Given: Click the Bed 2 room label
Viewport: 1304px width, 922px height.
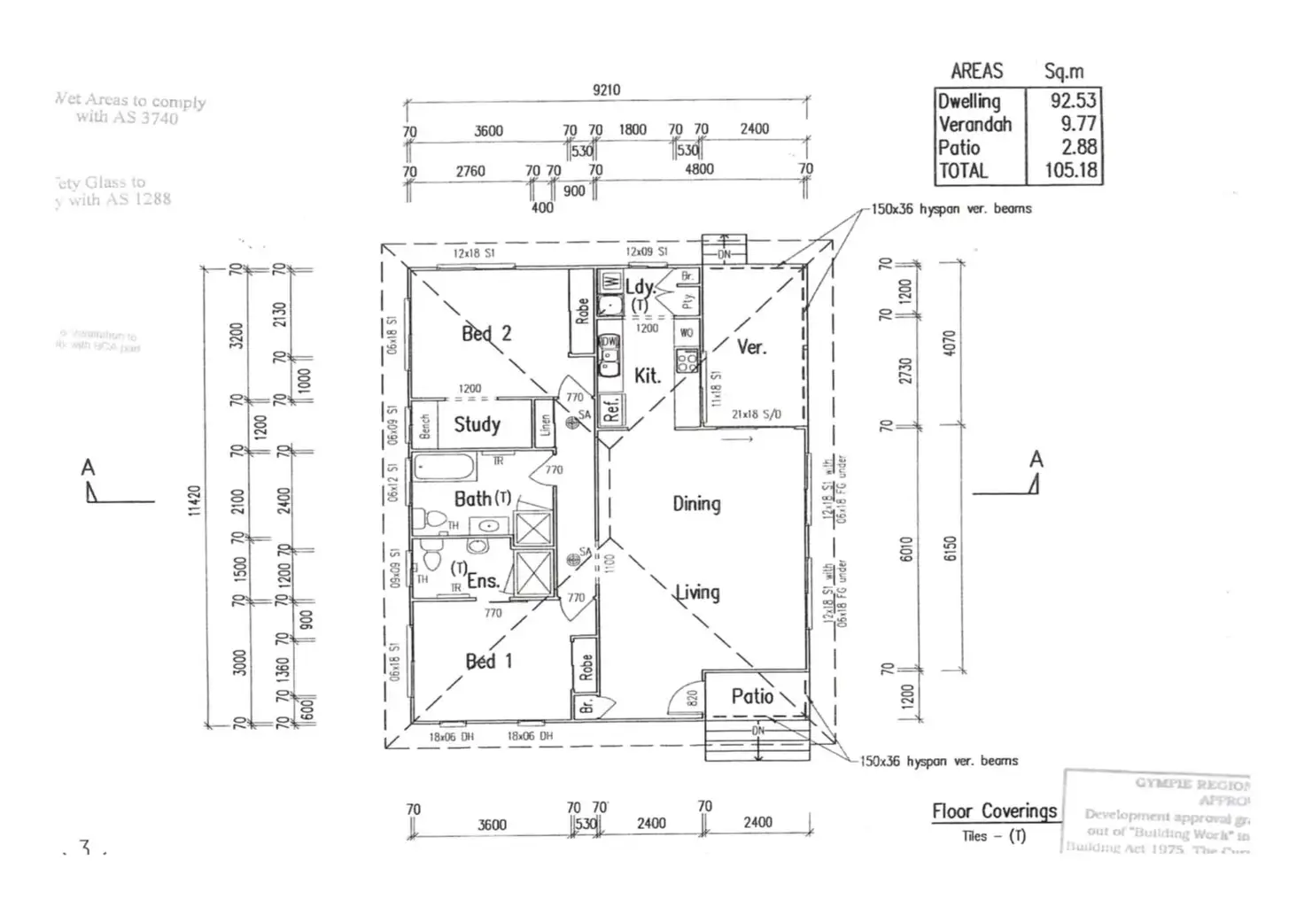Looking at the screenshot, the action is tap(486, 334).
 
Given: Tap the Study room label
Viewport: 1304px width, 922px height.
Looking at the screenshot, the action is tap(477, 424).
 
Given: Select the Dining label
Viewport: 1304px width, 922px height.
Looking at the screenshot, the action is tap(696, 504).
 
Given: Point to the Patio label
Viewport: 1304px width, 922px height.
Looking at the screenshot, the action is tap(752, 697).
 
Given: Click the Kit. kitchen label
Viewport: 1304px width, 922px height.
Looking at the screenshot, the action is tap(648, 376).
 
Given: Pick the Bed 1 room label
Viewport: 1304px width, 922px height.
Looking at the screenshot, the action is tap(489, 661).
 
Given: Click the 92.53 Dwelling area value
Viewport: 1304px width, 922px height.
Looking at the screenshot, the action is tap(1073, 101).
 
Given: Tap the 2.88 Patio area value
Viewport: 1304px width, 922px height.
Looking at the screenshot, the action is tap(1079, 147).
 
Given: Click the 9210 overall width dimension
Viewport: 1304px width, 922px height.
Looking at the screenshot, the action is tap(607, 89).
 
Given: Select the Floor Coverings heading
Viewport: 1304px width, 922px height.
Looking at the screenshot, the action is tap(994, 811).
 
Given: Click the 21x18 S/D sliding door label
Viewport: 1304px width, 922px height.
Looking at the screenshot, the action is tap(757, 414).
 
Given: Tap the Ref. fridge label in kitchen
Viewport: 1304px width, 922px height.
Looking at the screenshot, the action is tap(611, 408).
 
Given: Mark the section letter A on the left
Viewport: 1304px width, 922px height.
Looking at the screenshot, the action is tap(88, 467).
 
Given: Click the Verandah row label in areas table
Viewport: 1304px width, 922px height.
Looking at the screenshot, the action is tap(974, 124).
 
